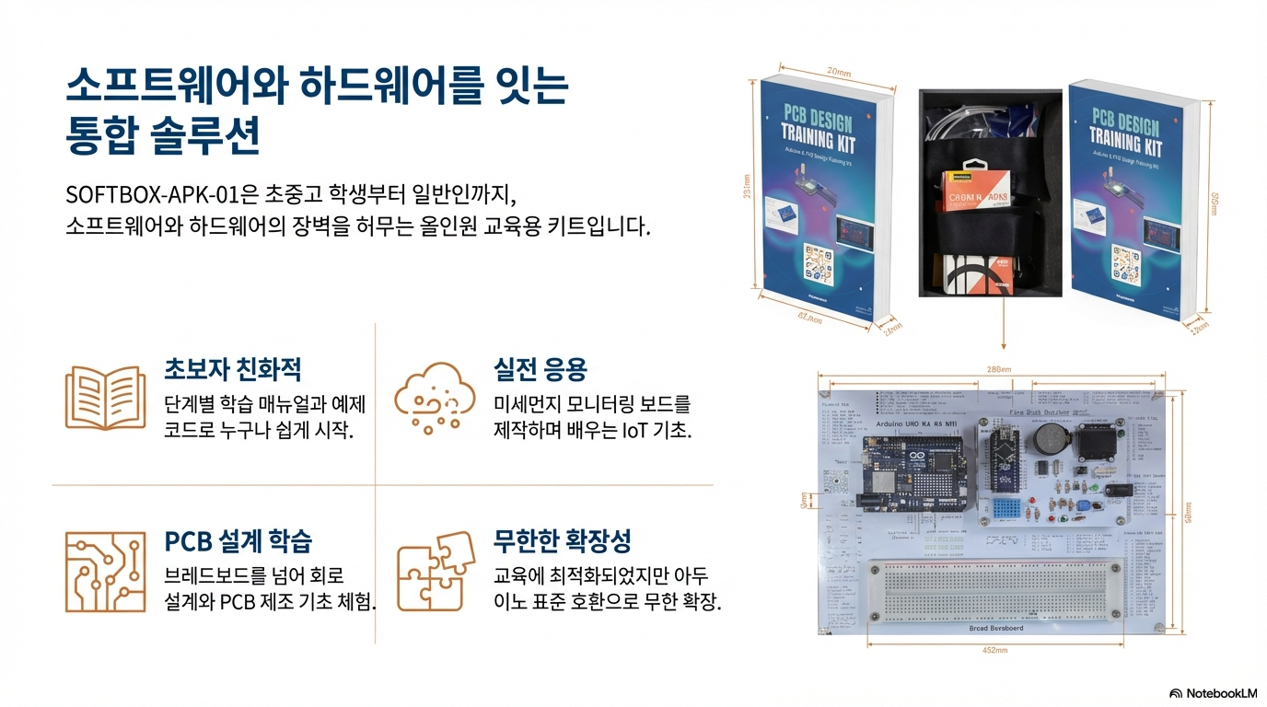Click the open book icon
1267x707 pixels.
pos(105,397)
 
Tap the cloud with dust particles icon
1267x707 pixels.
pos(429,399)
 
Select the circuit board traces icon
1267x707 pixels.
pos(105,571)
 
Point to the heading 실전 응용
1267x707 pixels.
pos(540,369)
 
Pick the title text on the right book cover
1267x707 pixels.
pos(1126,129)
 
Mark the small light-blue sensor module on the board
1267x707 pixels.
pos(1008,507)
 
